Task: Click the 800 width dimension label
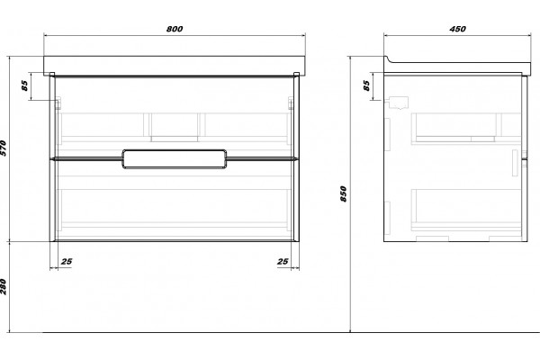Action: tap(175, 29)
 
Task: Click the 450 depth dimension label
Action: tap(458, 29)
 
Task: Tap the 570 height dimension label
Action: tap(4, 148)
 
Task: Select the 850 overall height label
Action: tap(344, 193)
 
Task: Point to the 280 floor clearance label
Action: tap(4, 286)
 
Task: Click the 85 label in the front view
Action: tap(25, 85)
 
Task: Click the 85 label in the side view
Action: tap(367, 85)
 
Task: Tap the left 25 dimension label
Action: tap(67, 262)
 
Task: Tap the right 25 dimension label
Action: tap(283, 262)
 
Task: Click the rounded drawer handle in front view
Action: tap(175, 149)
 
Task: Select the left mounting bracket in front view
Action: tap(58, 103)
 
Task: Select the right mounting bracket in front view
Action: tap(291, 103)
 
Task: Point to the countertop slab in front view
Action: tap(175, 66)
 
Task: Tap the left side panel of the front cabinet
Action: tap(52, 157)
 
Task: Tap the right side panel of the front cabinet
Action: tap(296, 157)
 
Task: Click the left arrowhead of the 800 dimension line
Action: tap(46, 35)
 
